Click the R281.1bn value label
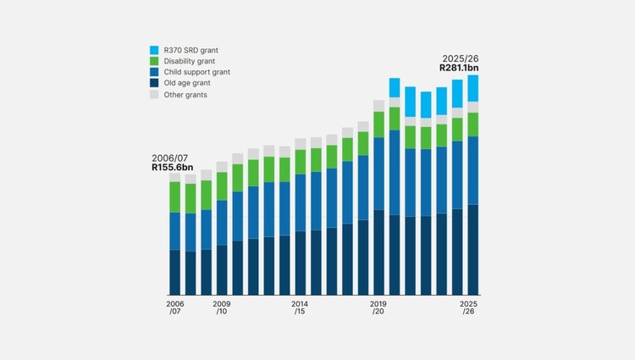459,68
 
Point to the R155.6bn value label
173,168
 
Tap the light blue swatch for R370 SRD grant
154,50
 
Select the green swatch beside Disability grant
154,61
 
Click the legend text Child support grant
196,72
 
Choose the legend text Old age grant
187,83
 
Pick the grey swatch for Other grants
154,94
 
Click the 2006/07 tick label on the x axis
175,307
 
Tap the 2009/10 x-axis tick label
222,307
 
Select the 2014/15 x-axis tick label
300,307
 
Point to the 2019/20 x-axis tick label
378,307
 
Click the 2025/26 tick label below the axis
468,307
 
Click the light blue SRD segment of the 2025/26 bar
473,88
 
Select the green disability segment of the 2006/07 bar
175,197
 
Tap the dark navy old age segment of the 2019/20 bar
379,252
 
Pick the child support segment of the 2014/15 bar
301,203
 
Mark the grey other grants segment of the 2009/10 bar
222,167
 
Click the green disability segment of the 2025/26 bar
473,125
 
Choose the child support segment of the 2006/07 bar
175,231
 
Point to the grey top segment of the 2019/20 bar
379,106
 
